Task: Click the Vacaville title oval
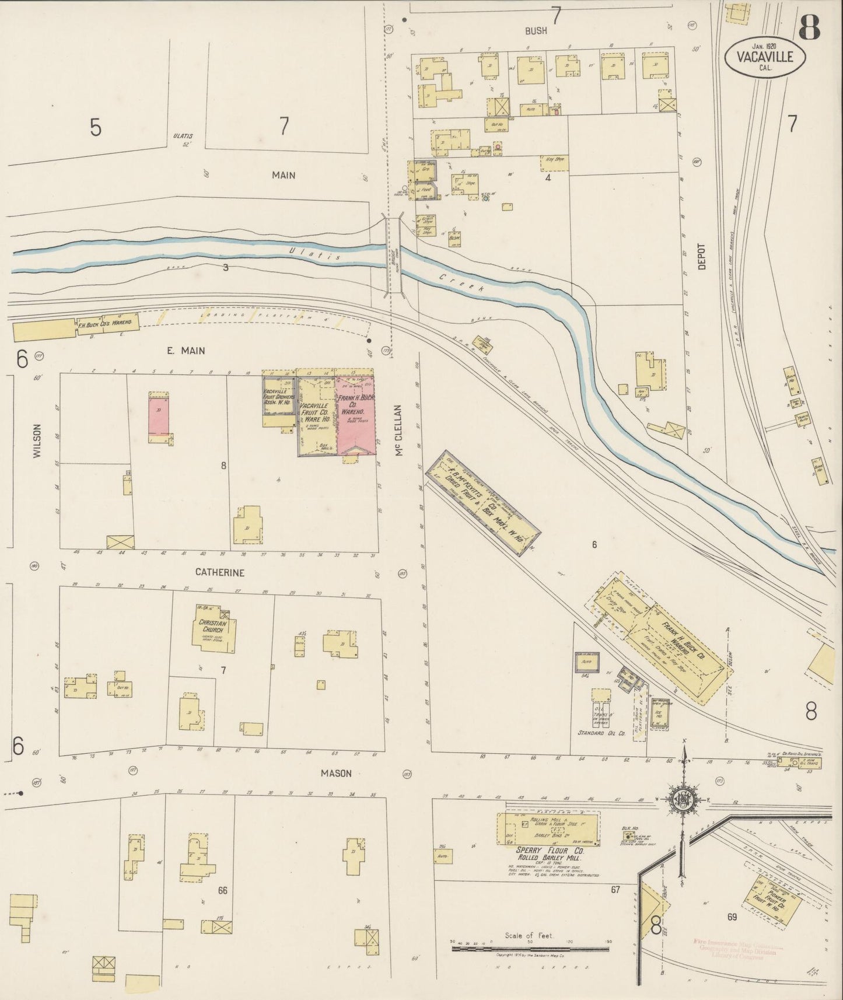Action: click(x=765, y=57)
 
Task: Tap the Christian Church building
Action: click(x=215, y=631)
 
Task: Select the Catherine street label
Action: click(x=220, y=572)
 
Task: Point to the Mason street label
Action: click(x=337, y=773)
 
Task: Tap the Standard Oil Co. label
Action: click(x=601, y=733)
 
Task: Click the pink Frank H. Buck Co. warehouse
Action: click(x=354, y=415)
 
